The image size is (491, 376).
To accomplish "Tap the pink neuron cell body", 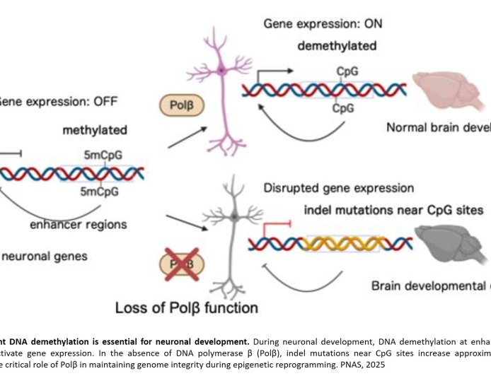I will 221,69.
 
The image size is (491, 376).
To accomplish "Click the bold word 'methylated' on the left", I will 95,130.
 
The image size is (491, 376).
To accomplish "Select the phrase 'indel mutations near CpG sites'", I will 393,210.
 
